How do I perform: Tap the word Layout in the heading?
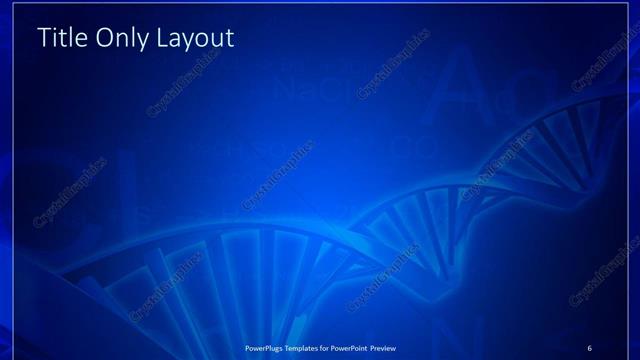pyautogui.click(x=197, y=39)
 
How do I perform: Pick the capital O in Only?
pyautogui.click(x=104, y=39)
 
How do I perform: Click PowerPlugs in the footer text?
pyautogui.click(x=268, y=347)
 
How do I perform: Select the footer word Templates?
pyautogui.click(x=310, y=347)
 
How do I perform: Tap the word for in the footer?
pyautogui.click(x=337, y=347)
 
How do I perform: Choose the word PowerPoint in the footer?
pyautogui.click(x=364, y=347)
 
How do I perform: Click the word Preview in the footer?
pyautogui.click(x=402, y=347)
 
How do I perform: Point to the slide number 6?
pyautogui.click(x=589, y=347)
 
